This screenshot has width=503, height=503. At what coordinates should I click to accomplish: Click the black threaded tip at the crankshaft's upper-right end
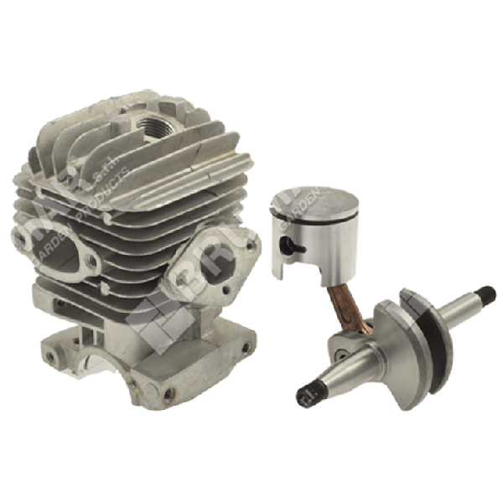(x=484, y=294)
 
